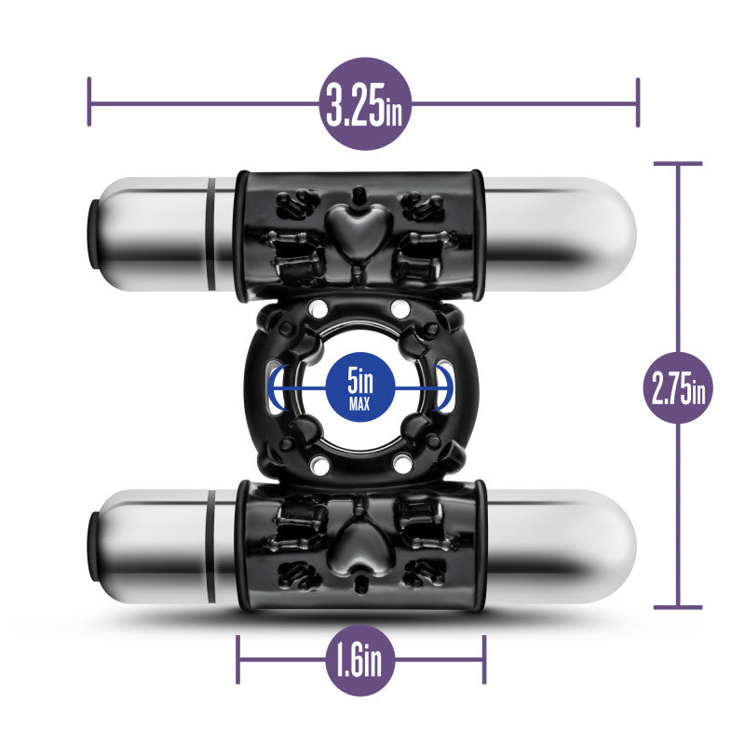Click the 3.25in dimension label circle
[x=364, y=104]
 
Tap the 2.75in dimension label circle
[x=678, y=387]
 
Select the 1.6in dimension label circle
[x=360, y=660]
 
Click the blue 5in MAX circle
[x=360, y=386]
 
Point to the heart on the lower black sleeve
[x=359, y=543]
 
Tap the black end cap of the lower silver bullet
[x=93, y=546]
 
